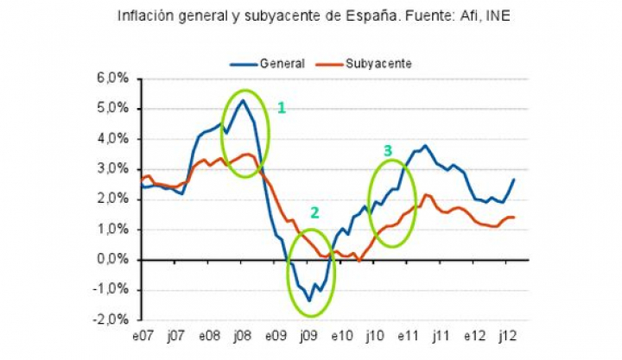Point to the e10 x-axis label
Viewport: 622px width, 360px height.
click(340, 335)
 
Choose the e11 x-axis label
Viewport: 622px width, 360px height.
click(407, 335)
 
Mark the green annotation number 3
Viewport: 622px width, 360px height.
click(388, 151)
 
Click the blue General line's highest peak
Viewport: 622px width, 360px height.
click(243, 101)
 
